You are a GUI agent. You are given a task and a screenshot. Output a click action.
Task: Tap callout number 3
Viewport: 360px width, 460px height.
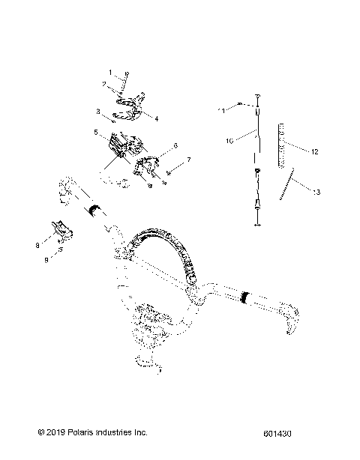[97, 110]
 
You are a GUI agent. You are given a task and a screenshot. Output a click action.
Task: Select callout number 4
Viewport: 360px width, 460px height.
[157, 117]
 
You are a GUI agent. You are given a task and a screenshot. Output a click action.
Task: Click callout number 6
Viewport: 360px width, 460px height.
[175, 145]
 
